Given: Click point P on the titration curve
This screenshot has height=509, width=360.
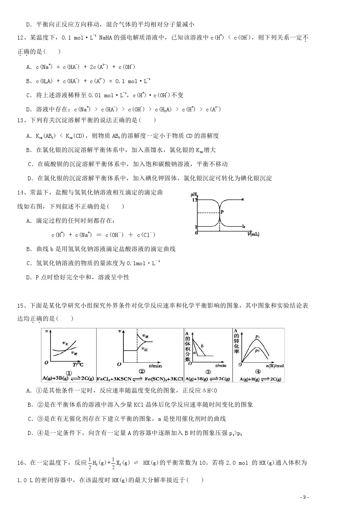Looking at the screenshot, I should [221, 212].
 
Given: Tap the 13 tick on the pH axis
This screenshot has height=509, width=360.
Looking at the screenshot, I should [194, 200].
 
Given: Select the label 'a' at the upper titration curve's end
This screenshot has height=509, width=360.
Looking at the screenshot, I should [242, 199].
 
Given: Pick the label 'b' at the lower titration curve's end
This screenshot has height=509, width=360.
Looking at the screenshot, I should [244, 227].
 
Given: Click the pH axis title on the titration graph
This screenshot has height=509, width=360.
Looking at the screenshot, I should [193, 195].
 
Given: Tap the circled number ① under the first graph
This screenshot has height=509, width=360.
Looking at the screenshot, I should [68, 373].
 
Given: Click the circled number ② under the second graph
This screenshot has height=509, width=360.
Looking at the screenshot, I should [142, 371].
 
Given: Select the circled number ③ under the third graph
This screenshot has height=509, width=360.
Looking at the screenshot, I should [208, 372].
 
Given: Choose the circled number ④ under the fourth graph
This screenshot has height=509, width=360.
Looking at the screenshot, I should [258, 372].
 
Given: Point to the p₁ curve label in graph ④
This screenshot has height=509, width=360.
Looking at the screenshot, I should [257, 337].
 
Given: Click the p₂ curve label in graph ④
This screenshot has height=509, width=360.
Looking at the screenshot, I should [257, 350].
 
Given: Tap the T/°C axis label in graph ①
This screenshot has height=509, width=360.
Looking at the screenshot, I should [78, 365].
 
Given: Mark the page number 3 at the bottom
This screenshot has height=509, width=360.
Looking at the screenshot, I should [305, 497].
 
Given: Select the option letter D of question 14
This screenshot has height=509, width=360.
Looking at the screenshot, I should [29, 278].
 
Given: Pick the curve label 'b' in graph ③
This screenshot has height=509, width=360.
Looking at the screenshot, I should [202, 346].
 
